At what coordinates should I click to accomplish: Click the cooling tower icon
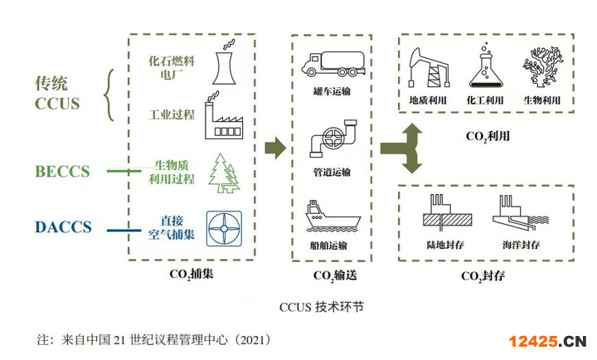tap(222, 61)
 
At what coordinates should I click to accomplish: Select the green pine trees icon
tap(221, 172)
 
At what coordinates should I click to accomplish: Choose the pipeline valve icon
tap(329, 138)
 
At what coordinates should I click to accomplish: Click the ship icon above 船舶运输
tap(331, 216)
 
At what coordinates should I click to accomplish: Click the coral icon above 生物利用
tap(541, 68)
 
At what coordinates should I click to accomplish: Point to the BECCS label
tap(62, 172)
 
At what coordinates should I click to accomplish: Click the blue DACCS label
tap(63, 226)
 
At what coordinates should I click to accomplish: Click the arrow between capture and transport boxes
tap(274, 149)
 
